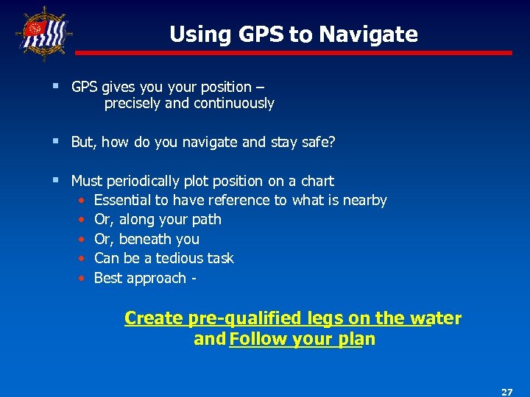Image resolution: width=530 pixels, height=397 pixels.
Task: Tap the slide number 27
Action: [x=506, y=392]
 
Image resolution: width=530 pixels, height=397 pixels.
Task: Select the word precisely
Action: [x=132, y=104]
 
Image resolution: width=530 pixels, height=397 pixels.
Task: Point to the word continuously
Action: [x=233, y=104]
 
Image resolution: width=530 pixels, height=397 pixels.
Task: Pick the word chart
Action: [x=317, y=181]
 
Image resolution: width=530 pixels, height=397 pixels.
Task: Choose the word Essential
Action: [x=124, y=200]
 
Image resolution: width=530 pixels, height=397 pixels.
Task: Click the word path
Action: [x=205, y=220]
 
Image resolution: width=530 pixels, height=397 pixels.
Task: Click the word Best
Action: [x=108, y=278]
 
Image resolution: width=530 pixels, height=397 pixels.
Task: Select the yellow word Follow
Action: [x=258, y=339]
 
